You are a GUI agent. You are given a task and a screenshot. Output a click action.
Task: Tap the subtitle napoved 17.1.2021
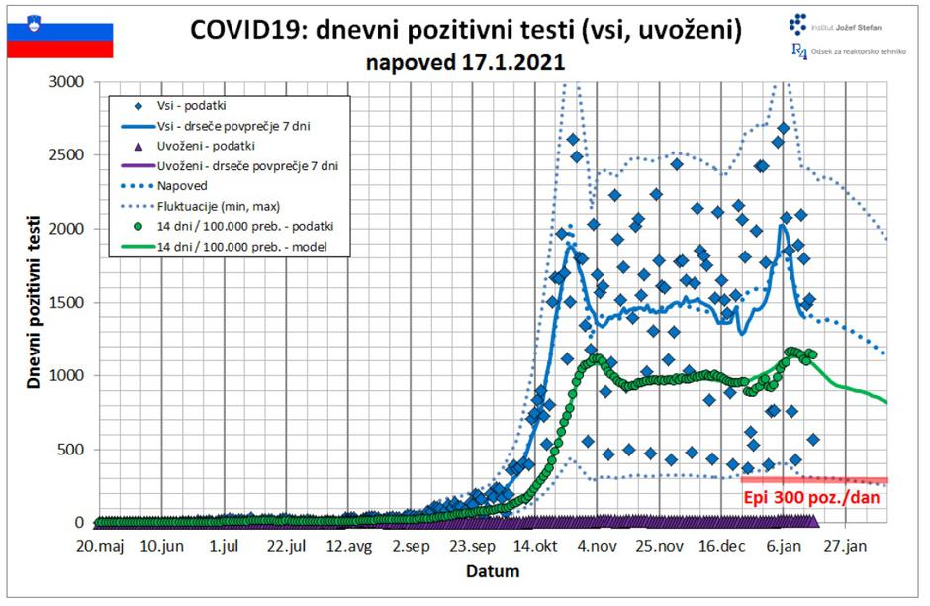464,62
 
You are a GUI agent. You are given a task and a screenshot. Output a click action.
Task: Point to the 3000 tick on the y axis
69,81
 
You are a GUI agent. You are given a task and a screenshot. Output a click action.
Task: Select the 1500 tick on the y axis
69,302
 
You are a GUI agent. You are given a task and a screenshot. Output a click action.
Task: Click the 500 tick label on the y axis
73,450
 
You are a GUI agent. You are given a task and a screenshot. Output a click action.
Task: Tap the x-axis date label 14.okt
535,546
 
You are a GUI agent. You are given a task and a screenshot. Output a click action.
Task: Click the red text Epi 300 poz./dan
810,498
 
